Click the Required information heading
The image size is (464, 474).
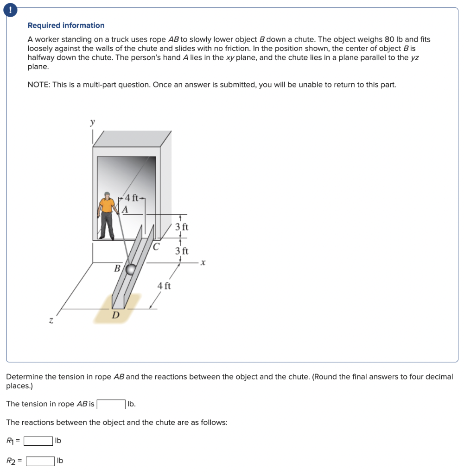66,25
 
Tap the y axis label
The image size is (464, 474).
92,122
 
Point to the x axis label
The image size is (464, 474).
203,262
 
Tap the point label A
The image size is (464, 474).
124,209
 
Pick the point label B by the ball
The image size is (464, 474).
117,268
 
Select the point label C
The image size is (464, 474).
157,246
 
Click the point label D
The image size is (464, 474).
115,315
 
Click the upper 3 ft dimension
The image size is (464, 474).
182,227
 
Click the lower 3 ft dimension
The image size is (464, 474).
182,251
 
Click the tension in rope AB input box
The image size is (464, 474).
111,404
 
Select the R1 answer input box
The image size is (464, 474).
38,441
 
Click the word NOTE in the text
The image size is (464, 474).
38,85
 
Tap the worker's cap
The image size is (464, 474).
108,194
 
